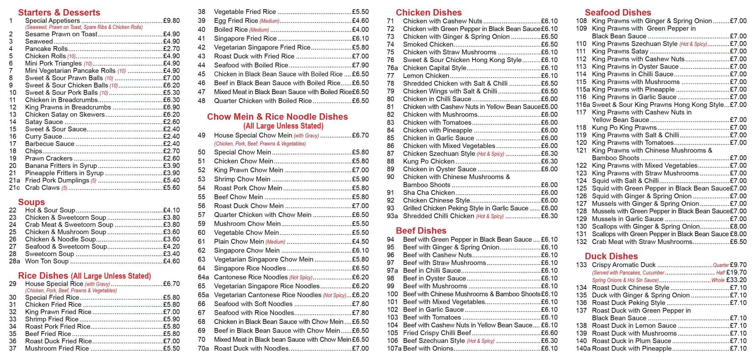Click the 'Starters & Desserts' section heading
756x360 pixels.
(59, 12)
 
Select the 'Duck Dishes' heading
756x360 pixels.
(611, 256)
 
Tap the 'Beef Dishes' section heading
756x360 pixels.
(421, 231)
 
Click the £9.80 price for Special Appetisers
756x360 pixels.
(171, 21)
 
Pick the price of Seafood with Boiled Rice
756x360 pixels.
(360, 65)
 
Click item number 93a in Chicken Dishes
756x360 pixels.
(392, 216)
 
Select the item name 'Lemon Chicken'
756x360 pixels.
(426, 76)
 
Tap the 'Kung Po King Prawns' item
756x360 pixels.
(624, 127)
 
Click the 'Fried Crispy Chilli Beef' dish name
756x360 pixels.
(437, 333)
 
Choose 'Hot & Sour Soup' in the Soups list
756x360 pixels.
(50, 210)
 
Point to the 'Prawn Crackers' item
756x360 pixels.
(48, 158)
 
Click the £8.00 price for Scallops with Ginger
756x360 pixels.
(738, 226)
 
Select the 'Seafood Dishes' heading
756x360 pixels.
(618, 12)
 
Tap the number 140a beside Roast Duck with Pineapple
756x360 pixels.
(583, 348)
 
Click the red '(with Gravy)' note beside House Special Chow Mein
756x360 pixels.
(306, 136)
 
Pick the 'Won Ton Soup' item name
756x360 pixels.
(47, 261)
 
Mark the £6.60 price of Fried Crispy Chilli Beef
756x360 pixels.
(549, 333)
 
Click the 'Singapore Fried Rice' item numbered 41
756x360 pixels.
(245, 38)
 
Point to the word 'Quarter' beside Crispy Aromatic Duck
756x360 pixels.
(721, 265)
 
